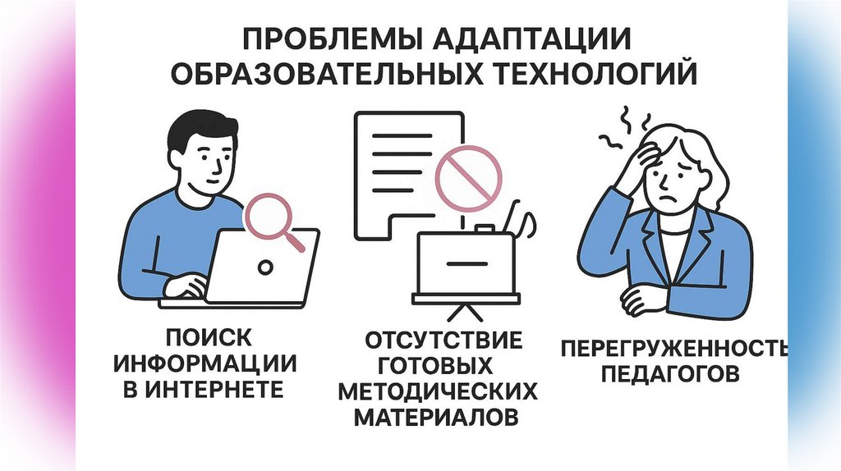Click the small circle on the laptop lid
[x=264, y=268]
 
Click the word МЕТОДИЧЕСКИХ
[x=443, y=391]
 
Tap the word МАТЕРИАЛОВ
[x=437, y=417]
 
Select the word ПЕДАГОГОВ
[x=670, y=375]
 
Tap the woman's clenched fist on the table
[x=643, y=297]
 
